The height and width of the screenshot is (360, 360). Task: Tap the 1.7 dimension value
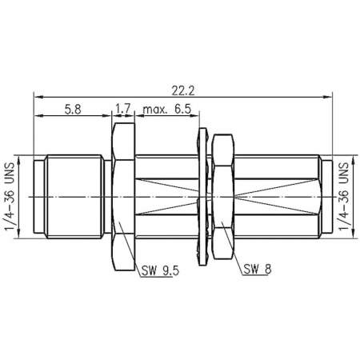coord(124,110)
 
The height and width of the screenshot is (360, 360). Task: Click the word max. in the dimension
coord(155,110)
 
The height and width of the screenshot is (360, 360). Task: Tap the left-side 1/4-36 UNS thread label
coord(12,195)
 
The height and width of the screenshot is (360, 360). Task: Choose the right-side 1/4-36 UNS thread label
coord(345,195)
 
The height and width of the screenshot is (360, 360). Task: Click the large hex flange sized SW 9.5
coord(124,195)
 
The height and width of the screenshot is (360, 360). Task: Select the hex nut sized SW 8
coord(222,195)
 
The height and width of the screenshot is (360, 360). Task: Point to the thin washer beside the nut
coord(202,195)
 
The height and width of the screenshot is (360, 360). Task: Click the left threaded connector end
coord(72,195)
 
